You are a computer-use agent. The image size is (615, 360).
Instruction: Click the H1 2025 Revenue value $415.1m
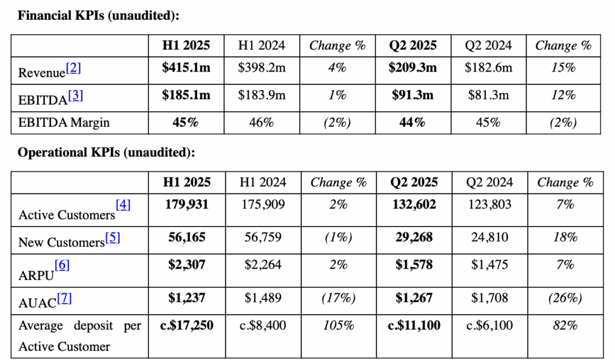186,68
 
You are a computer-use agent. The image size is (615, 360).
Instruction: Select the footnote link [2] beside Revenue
73,69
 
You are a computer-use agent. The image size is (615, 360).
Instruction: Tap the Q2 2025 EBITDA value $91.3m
413,95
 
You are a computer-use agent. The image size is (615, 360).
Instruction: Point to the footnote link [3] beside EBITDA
76,96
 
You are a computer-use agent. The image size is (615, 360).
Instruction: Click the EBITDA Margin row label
64,123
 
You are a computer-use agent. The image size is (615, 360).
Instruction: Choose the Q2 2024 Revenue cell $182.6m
488,68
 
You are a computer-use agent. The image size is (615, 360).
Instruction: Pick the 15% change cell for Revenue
563,68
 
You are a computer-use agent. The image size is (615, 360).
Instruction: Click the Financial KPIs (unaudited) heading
98,15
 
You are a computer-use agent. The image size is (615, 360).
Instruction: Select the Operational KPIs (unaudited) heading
106,152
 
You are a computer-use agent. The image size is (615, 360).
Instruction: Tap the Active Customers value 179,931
187,204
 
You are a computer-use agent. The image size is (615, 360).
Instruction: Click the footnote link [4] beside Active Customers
123,204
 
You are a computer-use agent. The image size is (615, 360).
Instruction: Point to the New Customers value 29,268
414,237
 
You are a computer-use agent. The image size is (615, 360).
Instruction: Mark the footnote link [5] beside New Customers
112,237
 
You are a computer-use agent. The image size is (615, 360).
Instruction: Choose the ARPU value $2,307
187,264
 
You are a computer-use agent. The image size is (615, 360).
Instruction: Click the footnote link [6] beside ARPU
62,265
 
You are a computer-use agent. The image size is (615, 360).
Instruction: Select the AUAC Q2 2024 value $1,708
489,298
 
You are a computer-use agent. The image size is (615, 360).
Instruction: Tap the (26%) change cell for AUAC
565,298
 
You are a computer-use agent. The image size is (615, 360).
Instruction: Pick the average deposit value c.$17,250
187,326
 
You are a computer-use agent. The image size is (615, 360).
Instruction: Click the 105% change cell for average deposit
339,326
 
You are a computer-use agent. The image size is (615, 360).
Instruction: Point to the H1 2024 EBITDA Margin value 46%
262,123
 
